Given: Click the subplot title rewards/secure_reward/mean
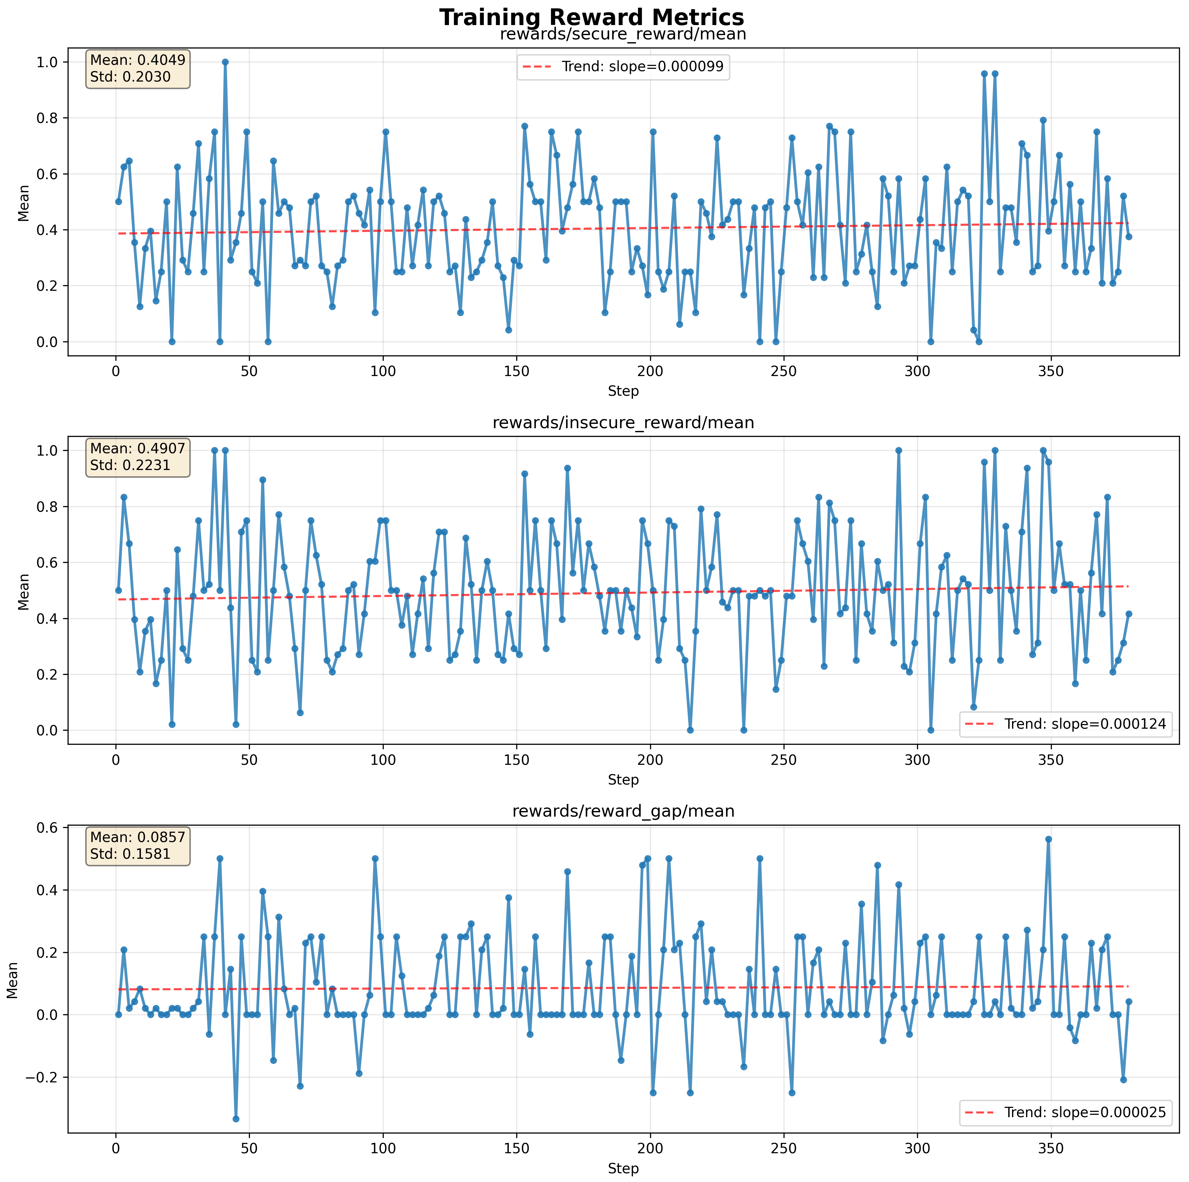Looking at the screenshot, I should [x=623, y=34].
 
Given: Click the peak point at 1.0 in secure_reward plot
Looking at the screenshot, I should [x=225, y=62].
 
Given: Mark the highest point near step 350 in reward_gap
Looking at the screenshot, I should [x=1048, y=839].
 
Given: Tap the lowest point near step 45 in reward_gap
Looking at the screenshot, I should [x=236, y=1119].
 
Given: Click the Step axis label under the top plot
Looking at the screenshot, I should [x=623, y=391].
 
